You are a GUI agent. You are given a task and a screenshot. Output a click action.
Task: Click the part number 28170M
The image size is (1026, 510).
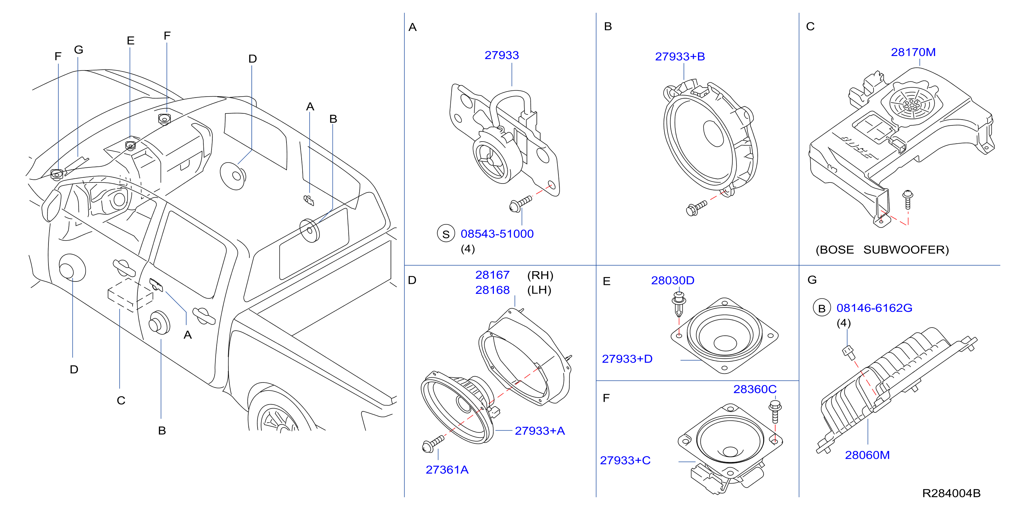pyautogui.click(x=913, y=52)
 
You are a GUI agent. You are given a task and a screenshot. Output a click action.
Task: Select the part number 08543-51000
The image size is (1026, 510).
pyautogui.click(x=497, y=234)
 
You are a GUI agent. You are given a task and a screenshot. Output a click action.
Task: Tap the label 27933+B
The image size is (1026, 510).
pyautogui.click(x=680, y=57)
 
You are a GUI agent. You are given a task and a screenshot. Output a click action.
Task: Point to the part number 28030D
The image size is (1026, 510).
pyautogui.click(x=673, y=280)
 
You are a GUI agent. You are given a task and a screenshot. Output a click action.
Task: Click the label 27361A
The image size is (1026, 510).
pyautogui.click(x=447, y=470)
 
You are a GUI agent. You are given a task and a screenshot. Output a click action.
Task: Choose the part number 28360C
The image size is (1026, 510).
pyautogui.click(x=755, y=389)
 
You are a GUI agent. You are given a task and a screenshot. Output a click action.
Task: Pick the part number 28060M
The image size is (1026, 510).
pyautogui.click(x=867, y=455)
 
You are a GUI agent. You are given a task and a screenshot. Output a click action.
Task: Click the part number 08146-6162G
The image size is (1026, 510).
pyautogui.click(x=874, y=308)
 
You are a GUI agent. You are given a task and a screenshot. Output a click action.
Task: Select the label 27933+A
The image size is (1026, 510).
pyautogui.click(x=540, y=431)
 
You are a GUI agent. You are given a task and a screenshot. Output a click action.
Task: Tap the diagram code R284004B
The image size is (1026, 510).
pyautogui.click(x=951, y=493)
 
